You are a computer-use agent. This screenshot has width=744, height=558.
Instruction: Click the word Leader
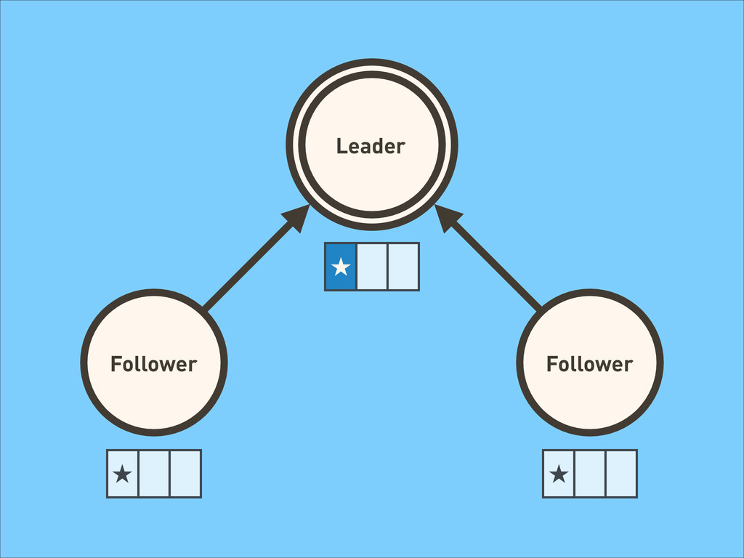point(371,146)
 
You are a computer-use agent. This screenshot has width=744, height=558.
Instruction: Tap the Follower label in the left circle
point(154,364)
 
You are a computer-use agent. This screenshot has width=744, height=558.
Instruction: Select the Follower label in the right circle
point(589,364)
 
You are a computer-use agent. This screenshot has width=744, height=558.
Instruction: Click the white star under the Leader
point(341,267)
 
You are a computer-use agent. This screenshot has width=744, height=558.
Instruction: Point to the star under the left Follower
point(122,474)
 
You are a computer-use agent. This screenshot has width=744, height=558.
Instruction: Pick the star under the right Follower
point(559,474)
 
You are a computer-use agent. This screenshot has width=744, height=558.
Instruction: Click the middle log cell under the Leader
point(372,267)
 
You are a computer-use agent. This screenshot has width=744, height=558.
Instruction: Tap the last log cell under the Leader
point(403,267)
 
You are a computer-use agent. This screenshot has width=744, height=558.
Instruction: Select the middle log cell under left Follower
point(154,474)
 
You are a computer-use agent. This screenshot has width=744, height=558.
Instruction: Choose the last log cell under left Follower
point(185,474)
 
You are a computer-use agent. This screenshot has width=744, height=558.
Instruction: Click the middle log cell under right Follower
point(590,474)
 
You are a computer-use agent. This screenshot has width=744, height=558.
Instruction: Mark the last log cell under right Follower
point(621,474)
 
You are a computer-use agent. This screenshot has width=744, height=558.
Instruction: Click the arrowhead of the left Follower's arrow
point(297,217)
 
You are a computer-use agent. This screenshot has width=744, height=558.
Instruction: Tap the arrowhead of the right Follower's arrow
point(447,217)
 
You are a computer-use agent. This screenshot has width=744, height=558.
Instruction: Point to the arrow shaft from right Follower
point(495,264)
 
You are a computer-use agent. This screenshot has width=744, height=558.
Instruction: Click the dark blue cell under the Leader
point(341,267)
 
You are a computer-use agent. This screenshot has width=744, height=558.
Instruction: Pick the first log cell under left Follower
point(122,474)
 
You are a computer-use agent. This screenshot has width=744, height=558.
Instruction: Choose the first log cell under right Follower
point(559,474)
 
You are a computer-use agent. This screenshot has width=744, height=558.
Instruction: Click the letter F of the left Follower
point(116,364)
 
